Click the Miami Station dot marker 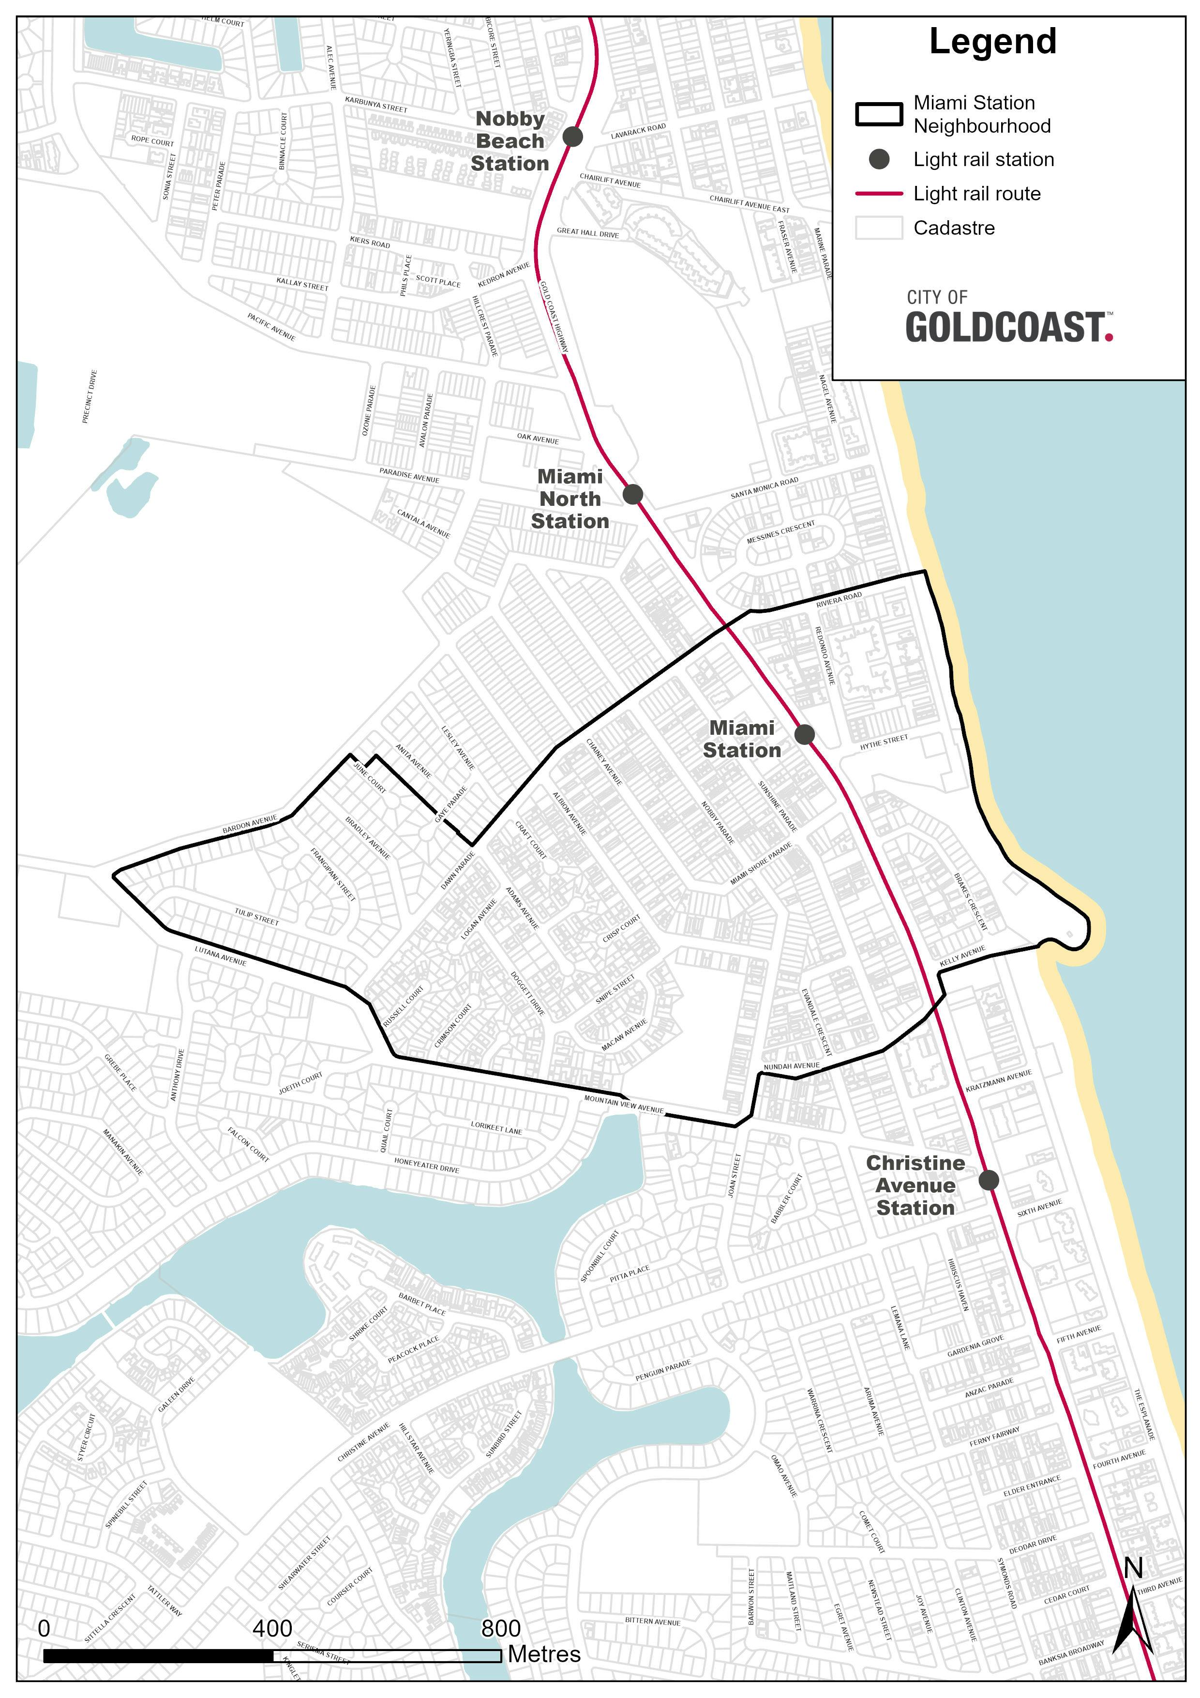805,734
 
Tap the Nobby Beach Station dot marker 572,136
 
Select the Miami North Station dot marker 632,494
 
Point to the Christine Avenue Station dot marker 989,1180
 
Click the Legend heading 992,42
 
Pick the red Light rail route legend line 879,194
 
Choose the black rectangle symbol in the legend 879,115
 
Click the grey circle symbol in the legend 879,159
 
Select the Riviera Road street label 839,600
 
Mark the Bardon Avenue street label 250,825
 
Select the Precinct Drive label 90,396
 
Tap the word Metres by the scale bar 544,1653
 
